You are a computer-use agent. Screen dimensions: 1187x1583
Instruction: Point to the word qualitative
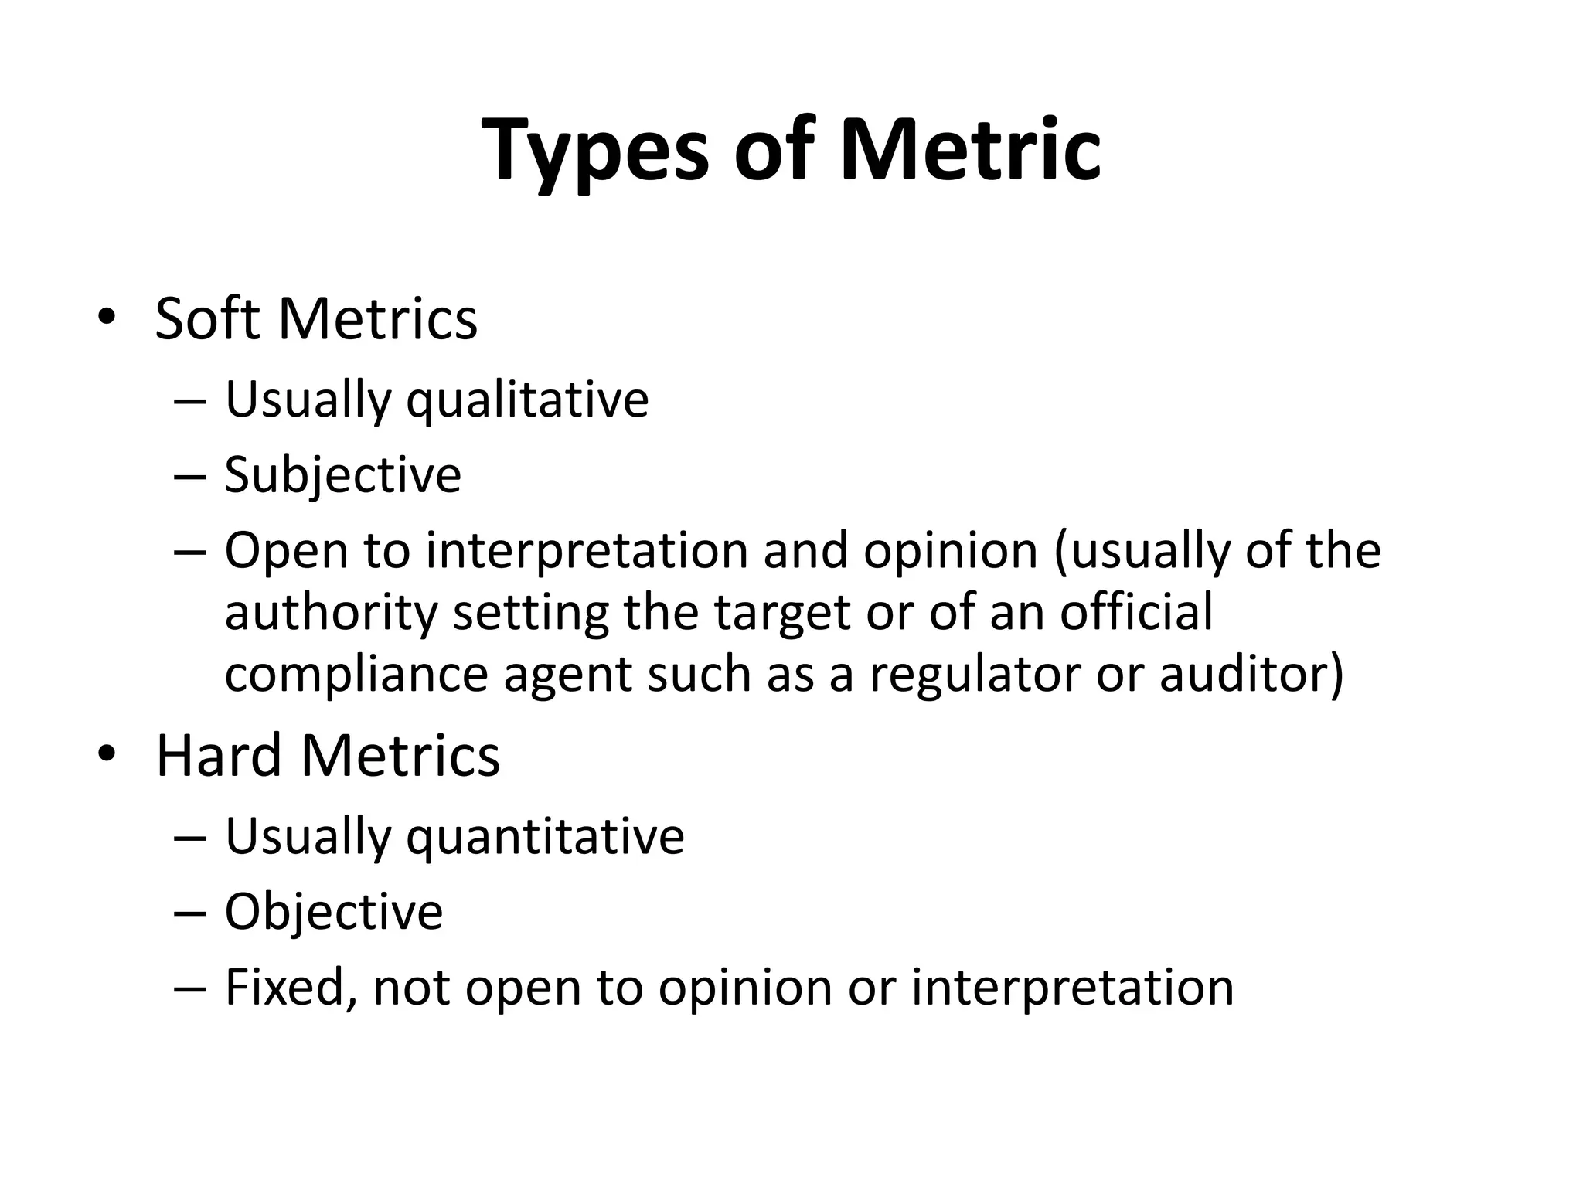pos(527,400)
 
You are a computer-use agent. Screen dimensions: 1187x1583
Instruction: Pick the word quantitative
pos(545,836)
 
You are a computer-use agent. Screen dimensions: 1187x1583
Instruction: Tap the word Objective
pos(333,911)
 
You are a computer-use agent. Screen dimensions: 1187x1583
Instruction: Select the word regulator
pos(974,674)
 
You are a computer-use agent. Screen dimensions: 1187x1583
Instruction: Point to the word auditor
pos(1251,674)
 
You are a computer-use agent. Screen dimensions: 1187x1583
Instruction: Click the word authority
pos(331,613)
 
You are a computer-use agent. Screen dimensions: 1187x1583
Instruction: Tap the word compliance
pos(356,674)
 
